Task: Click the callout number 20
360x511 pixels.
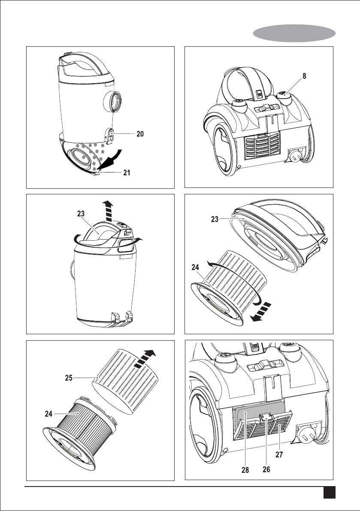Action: point(140,134)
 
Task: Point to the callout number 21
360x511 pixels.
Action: point(127,173)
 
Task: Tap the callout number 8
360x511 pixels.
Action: point(304,76)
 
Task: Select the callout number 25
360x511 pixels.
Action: point(69,378)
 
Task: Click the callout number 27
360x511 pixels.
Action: point(279,454)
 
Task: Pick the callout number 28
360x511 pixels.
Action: point(245,470)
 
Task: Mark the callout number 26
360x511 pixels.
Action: point(266,470)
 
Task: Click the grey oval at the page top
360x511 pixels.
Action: point(294,33)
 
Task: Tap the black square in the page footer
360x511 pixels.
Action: point(330,493)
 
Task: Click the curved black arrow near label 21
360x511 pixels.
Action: point(114,160)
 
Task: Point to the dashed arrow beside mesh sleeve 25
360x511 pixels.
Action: point(145,359)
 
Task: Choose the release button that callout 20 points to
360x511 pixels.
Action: point(110,135)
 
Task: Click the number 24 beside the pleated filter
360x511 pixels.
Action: point(48,414)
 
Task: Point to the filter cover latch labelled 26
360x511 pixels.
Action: point(266,416)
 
